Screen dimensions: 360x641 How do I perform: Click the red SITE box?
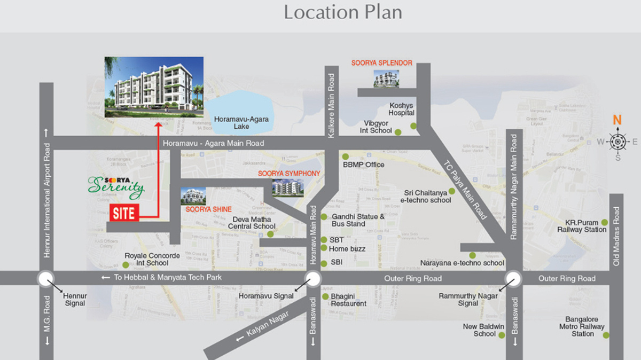124,213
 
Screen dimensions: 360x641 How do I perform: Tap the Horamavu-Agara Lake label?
241,123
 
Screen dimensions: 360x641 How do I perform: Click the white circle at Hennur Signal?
45,278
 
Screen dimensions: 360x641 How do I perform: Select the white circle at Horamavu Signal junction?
313,278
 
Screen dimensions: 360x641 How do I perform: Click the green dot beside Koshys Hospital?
413,126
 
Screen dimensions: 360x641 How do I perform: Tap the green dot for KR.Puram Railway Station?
604,222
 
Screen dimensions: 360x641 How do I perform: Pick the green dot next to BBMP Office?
345,156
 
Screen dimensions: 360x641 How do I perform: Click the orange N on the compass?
617,120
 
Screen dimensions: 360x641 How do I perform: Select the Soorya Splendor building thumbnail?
386,79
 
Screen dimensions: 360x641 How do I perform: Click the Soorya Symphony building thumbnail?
287,187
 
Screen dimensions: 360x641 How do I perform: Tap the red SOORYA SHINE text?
208,209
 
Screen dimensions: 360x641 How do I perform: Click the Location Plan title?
343,12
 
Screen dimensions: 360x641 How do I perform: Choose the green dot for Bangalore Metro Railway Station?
606,335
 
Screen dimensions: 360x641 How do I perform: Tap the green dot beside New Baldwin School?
501,334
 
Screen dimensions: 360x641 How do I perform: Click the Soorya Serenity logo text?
116,185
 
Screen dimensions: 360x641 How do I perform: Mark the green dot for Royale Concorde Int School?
126,264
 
